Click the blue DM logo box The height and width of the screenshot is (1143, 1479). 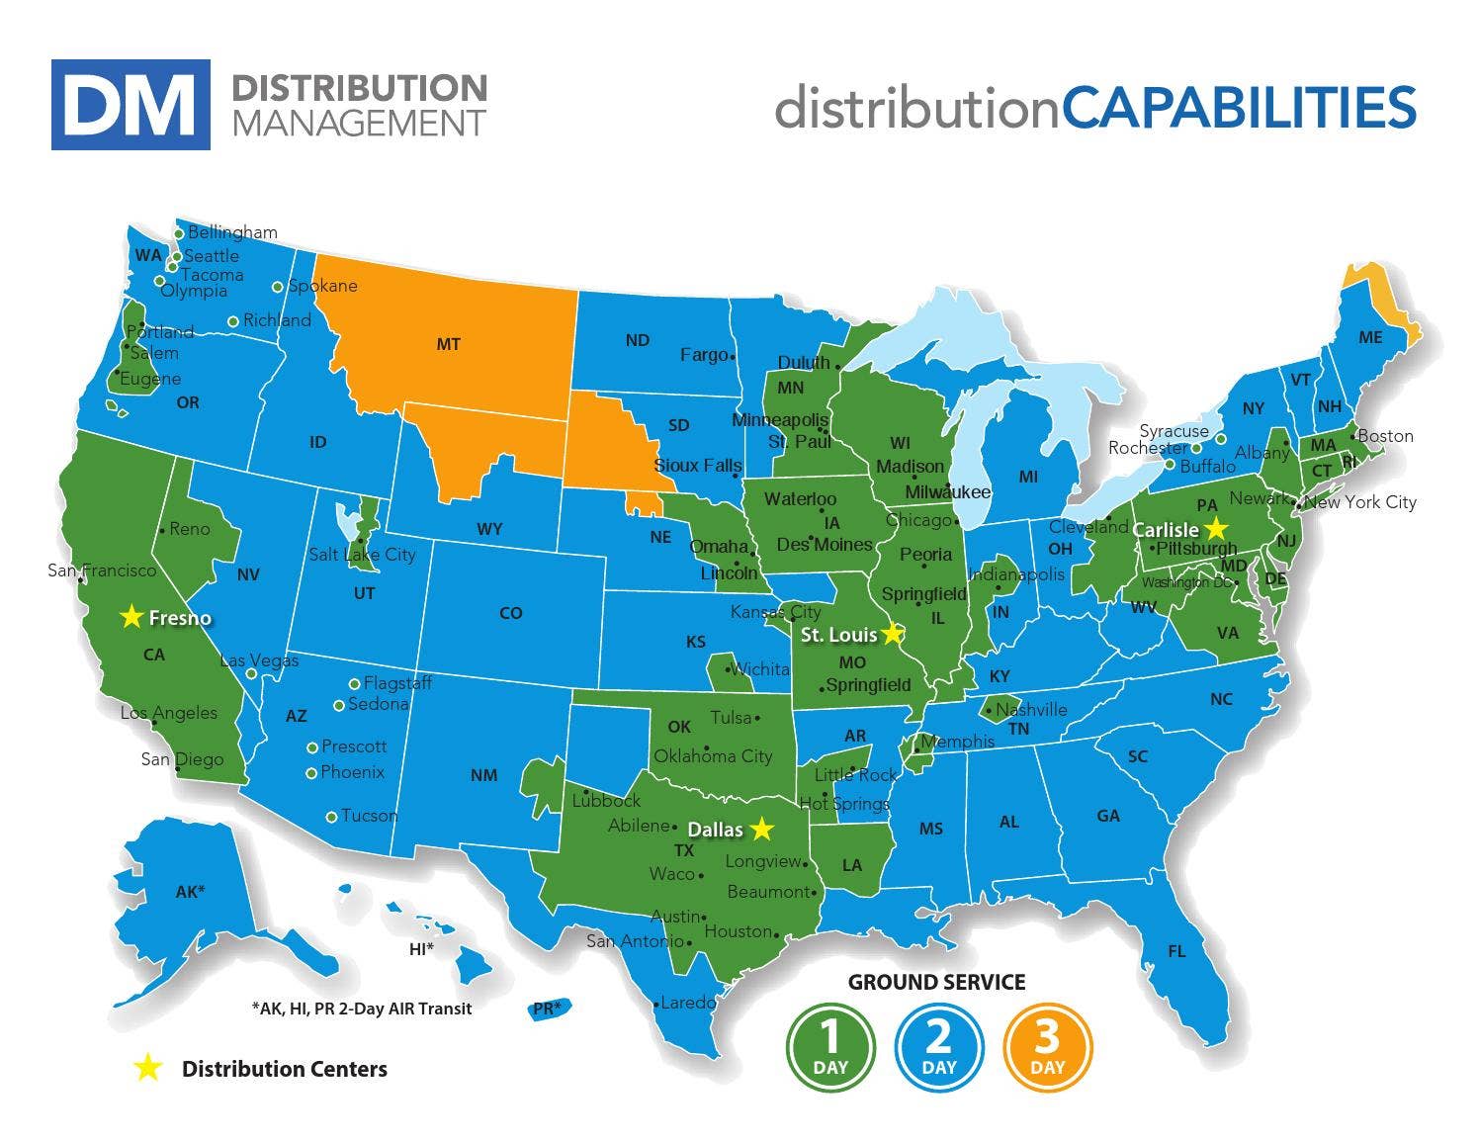(x=130, y=105)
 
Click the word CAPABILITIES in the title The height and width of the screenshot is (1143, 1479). (x=1239, y=107)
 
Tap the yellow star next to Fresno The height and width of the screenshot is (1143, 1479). (x=130, y=617)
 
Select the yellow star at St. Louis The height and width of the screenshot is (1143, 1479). (x=893, y=633)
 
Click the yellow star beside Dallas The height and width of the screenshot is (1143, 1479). (x=760, y=829)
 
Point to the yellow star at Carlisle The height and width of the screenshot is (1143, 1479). (x=1215, y=528)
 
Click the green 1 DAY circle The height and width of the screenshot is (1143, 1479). (x=830, y=1047)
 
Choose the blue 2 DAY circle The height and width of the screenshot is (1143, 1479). (x=938, y=1047)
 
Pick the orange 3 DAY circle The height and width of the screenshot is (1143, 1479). (x=1047, y=1047)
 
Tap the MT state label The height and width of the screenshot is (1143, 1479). (x=448, y=344)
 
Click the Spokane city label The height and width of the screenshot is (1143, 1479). (x=322, y=286)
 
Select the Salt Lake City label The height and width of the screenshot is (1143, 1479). (x=362, y=555)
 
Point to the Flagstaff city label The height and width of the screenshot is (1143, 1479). (x=397, y=683)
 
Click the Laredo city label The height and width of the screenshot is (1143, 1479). (x=688, y=1003)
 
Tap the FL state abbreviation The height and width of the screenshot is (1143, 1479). (x=1175, y=951)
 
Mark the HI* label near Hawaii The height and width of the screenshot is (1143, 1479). (x=421, y=949)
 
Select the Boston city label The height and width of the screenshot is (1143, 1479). (x=1385, y=436)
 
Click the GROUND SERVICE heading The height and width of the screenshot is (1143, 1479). (x=936, y=982)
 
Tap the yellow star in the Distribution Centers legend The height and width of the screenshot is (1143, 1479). (x=147, y=1068)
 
